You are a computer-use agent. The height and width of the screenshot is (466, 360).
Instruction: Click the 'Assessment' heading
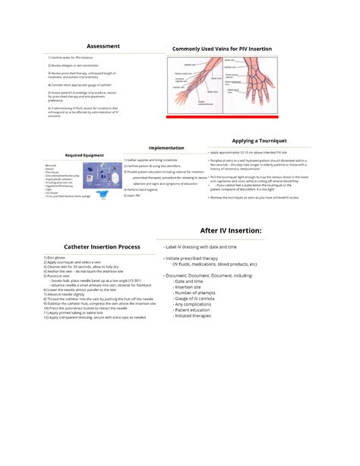point(103,46)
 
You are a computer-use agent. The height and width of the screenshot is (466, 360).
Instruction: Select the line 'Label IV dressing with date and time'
point(201,247)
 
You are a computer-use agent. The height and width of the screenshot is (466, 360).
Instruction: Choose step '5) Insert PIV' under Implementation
point(134,195)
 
